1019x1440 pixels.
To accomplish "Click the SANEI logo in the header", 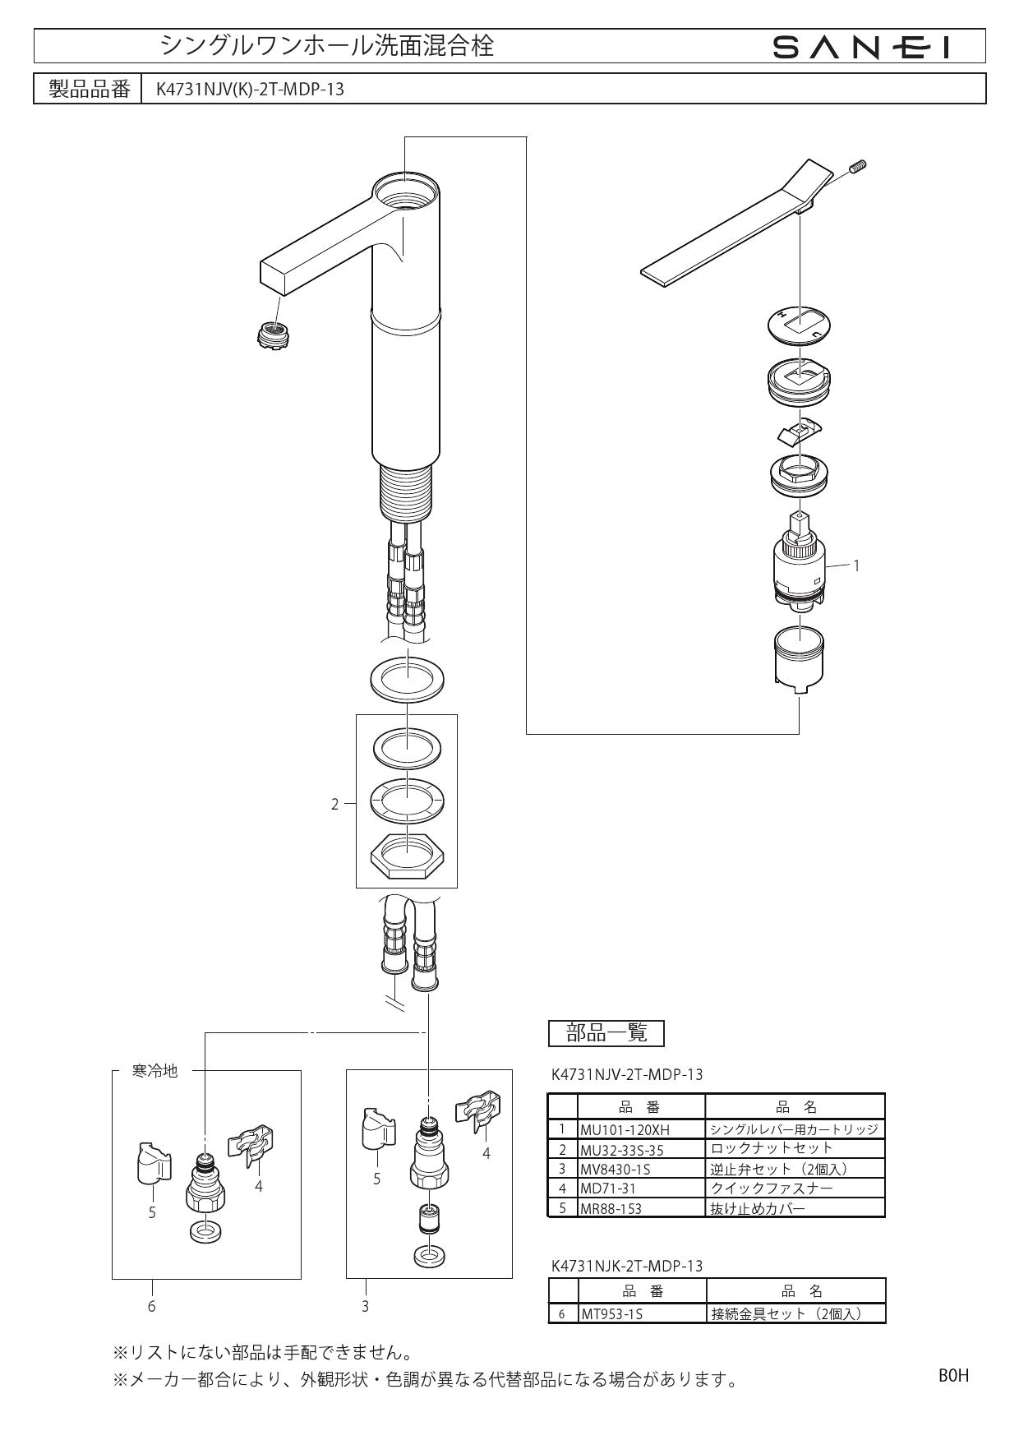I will pyautogui.click(x=861, y=48).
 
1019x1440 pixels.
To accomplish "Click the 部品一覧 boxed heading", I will pyautogui.click(x=606, y=1033).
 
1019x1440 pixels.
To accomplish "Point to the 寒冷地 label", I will pyautogui.click(x=154, y=1071).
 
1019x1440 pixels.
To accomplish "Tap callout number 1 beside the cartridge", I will pyautogui.click(x=856, y=565).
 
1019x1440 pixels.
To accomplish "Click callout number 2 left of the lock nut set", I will pyautogui.click(x=334, y=805).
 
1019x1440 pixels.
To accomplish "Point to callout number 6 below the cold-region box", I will pyautogui.click(x=151, y=1305).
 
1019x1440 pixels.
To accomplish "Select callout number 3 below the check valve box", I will pyautogui.click(x=365, y=1305).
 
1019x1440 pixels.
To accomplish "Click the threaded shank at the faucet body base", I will pyautogui.click(x=406, y=494).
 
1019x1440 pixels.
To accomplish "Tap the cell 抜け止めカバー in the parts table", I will pyautogui.click(x=758, y=1208).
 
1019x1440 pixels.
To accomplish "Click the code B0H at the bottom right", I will pyautogui.click(x=953, y=1375).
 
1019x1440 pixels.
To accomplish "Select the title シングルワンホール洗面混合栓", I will pyautogui.click(x=327, y=46).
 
